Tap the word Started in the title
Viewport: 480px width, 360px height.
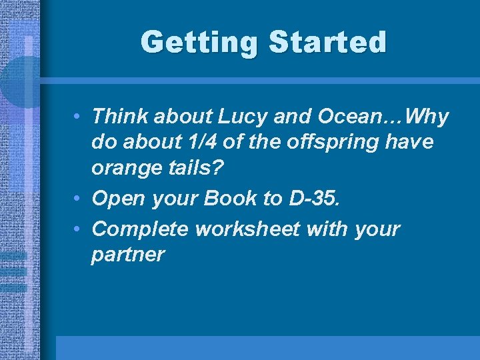pyautogui.click(x=327, y=43)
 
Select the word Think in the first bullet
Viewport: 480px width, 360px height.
pyautogui.click(x=120, y=117)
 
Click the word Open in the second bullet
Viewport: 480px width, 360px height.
pyautogui.click(x=117, y=198)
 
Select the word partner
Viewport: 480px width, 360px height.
pyautogui.click(x=127, y=255)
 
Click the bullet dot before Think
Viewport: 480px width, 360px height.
pyautogui.click(x=79, y=117)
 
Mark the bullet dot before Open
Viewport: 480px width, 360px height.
pyautogui.click(x=79, y=199)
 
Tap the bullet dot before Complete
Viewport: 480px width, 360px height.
pyautogui.click(x=79, y=229)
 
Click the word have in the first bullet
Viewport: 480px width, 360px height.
pyautogui.click(x=410, y=142)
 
